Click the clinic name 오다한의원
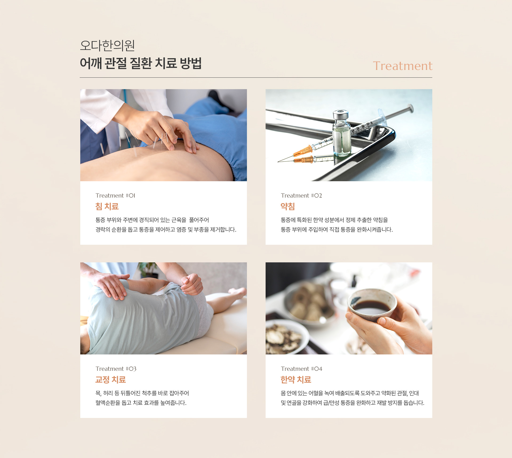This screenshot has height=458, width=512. click(107, 45)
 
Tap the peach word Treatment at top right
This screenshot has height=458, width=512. click(402, 66)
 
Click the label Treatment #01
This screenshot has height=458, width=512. click(115, 196)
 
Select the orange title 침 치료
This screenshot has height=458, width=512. click(107, 206)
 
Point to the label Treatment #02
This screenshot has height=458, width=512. click(301, 196)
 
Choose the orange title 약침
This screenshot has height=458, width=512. click(287, 206)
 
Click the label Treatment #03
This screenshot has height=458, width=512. click(116, 369)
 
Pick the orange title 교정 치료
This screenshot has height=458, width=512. click(110, 380)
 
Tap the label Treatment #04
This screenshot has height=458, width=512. click(301, 369)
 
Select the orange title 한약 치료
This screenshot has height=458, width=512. click(296, 380)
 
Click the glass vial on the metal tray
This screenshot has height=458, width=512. click(341, 136)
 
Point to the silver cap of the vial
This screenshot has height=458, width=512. click(341, 115)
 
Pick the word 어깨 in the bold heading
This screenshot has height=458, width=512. click(91, 63)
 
